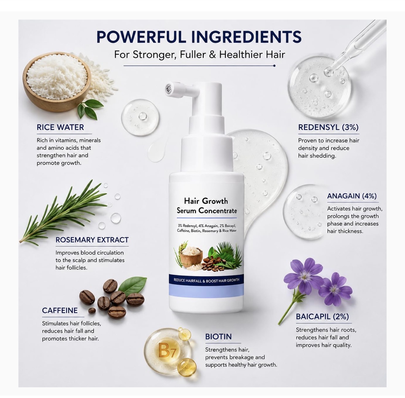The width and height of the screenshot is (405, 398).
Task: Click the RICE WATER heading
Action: click(x=60, y=127)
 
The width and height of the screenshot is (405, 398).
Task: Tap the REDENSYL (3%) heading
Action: click(x=328, y=127)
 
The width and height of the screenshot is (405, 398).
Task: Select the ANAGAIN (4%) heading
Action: click(x=352, y=196)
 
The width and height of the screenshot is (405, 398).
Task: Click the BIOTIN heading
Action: click(x=218, y=337)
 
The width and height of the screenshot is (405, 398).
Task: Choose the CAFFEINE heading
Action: click(x=60, y=310)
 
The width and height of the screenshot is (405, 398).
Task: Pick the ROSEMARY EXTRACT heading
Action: click(x=92, y=240)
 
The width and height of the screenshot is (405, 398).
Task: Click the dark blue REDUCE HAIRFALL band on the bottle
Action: click(x=206, y=280)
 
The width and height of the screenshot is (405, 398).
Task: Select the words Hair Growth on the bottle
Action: click(x=206, y=201)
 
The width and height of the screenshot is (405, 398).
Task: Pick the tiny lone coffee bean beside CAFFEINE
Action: click(x=92, y=311)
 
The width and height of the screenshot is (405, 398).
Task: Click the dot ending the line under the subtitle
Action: click(x=274, y=66)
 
